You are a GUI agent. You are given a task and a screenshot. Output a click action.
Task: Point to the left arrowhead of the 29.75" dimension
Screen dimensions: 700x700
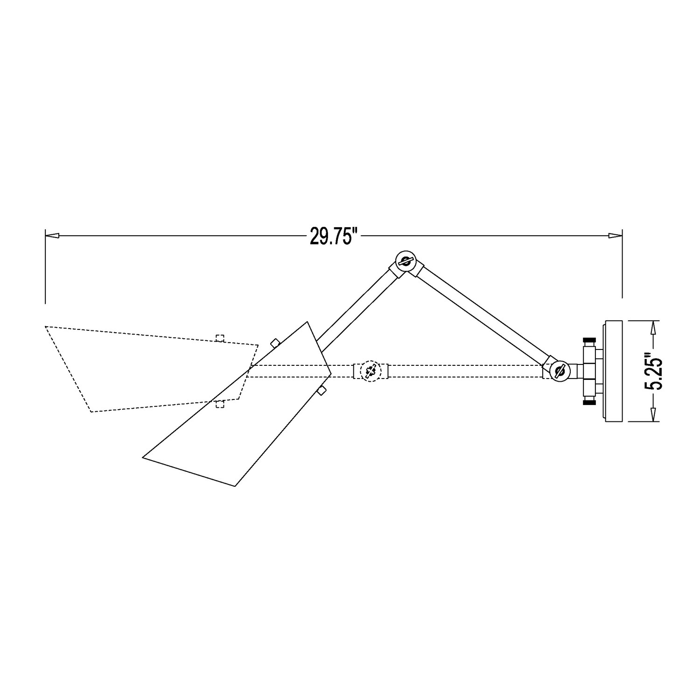coord(51,236)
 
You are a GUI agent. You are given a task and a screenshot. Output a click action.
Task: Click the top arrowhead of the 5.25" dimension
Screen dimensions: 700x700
coord(655,327)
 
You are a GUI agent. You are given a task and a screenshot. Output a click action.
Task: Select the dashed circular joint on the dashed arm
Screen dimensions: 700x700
coord(371,371)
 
